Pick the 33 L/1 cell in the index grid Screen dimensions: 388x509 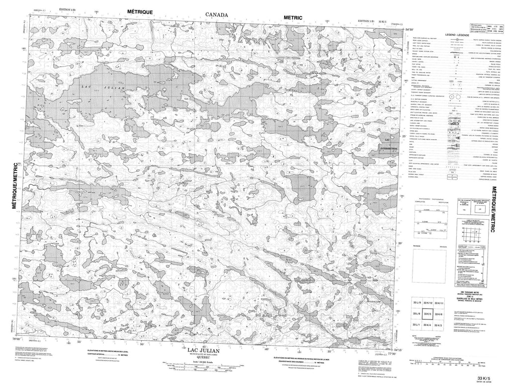point(417,324)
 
